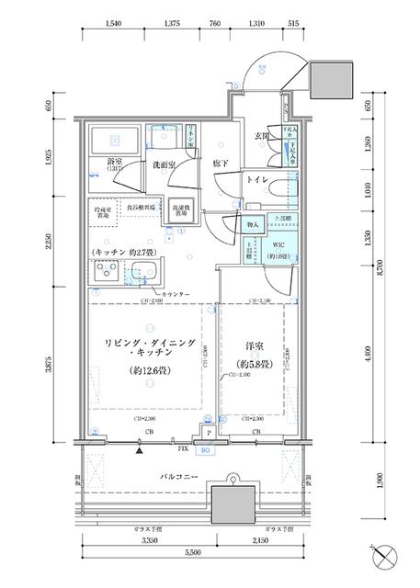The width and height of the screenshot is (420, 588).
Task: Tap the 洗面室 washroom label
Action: pyautogui.click(x=166, y=165)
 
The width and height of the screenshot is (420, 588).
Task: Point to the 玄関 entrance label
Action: pyautogui.click(x=261, y=138)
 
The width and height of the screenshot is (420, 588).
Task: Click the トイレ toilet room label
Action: pyautogui.click(x=256, y=181)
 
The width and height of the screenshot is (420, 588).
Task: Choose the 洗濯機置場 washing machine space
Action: pyautogui.click(x=181, y=211)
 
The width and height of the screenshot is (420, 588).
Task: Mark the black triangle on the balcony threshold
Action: pyautogui.click(x=139, y=451)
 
